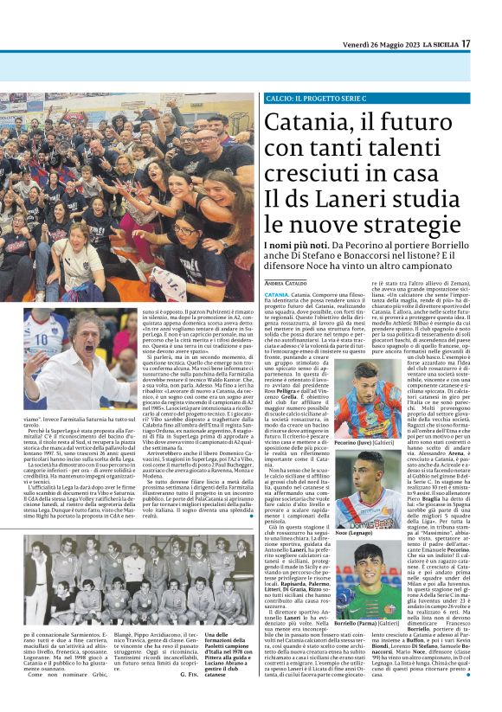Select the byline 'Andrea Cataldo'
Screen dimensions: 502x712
tap(263, 283)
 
